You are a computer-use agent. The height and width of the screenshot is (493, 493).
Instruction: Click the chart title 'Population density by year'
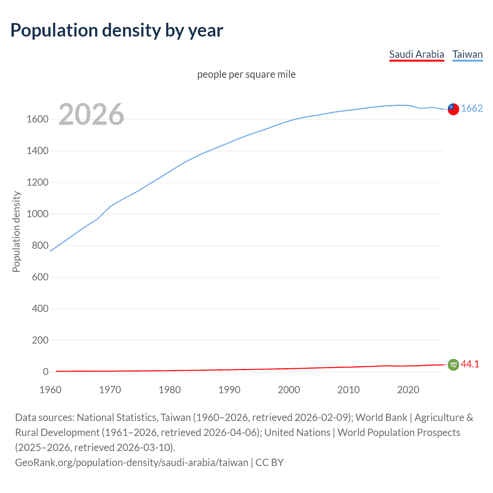[117, 30]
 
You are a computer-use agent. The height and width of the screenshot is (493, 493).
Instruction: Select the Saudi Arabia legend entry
[416, 54]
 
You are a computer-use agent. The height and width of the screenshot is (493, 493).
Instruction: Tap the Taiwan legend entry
[467, 54]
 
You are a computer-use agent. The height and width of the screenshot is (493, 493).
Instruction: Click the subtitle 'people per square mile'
[246, 74]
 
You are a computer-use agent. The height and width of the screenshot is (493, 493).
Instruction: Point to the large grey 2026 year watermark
[91, 114]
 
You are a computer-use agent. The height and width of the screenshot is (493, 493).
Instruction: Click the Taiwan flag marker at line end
[453, 109]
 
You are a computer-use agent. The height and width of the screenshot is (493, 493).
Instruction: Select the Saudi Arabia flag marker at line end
[453, 364]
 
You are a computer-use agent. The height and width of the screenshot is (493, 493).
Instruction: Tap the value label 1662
[472, 108]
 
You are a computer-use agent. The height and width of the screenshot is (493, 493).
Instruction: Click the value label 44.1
[470, 364]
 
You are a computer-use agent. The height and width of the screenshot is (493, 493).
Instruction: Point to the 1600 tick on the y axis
[37, 119]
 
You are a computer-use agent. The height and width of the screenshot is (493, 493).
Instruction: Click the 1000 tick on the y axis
[37, 214]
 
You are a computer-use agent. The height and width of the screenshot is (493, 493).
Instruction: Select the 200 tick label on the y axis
[40, 340]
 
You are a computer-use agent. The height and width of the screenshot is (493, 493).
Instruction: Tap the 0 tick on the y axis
[46, 372]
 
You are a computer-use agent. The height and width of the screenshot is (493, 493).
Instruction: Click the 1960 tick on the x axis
[50, 390]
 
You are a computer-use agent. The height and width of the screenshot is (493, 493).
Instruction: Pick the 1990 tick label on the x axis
[229, 390]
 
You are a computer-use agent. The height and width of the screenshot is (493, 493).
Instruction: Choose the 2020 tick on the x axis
[408, 390]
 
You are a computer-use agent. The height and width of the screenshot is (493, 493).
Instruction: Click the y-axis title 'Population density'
[16, 232]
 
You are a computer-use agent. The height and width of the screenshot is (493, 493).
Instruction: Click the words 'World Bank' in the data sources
[381, 418]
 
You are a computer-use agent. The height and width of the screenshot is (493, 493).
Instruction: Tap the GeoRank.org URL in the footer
[131, 463]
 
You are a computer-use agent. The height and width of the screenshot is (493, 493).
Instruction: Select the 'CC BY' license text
[270, 463]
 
